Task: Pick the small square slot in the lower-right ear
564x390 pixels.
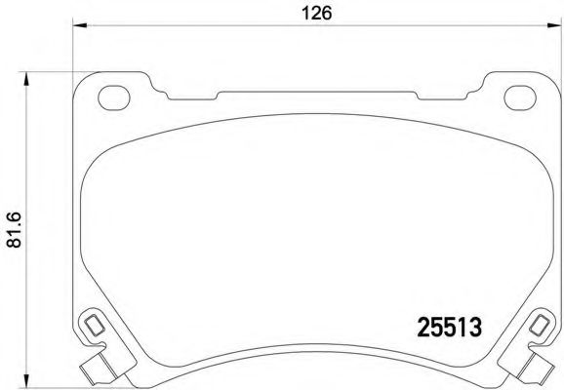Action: click(539, 325)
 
